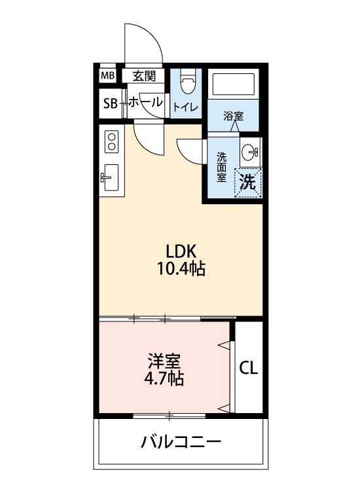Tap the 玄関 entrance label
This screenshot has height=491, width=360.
(x=144, y=76)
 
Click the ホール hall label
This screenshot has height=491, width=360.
(x=145, y=102)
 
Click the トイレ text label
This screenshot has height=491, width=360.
(x=185, y=107)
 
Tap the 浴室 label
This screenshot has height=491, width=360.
(x=233, y=117)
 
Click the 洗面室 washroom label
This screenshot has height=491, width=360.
(x=222, y=166)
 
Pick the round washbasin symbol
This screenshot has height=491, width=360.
(x=249, y=153)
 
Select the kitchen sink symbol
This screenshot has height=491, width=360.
(x=110, y=177)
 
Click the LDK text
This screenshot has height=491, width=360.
(x=181, y=251)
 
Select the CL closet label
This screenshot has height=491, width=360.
(x=248, y=368)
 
